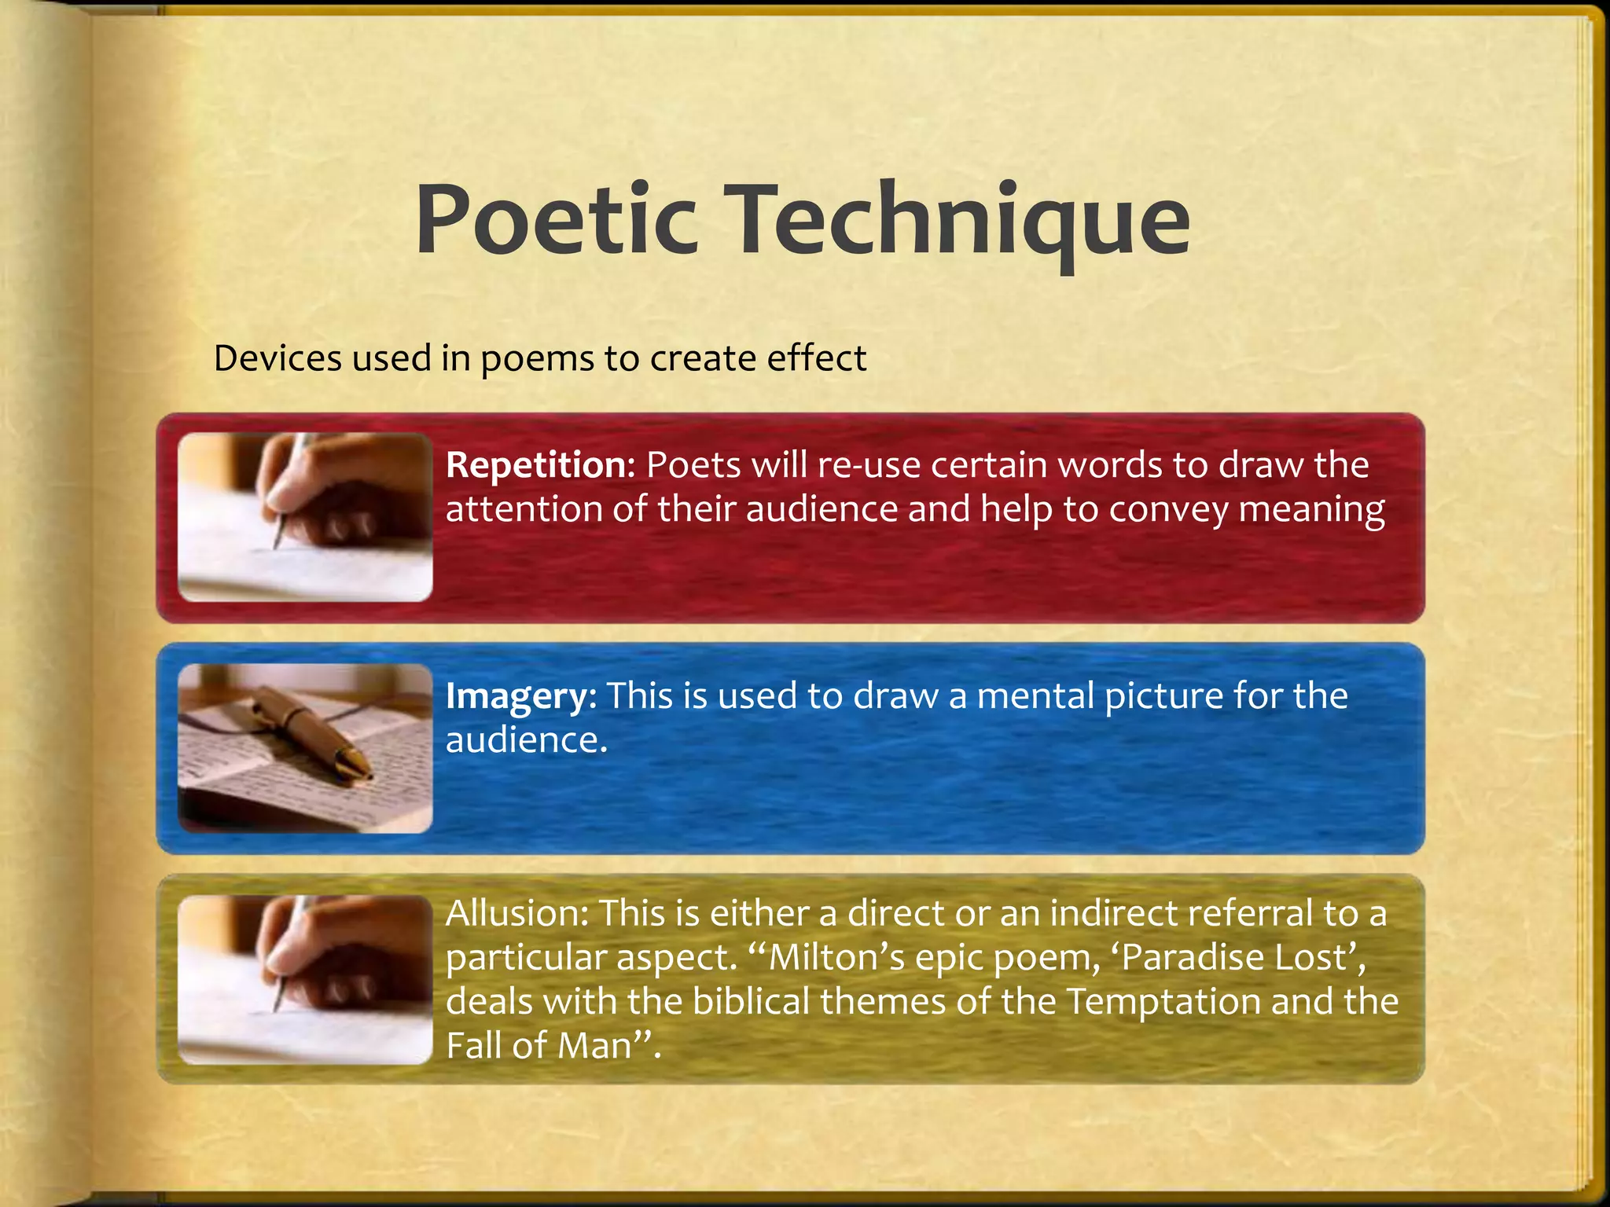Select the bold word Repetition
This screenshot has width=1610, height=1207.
pyautogui.click(x=535, y=465)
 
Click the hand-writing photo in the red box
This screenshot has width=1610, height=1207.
pyautogui.click(x=305, y=517)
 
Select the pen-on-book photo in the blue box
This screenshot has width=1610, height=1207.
pyautogui.click(x=305, y=748)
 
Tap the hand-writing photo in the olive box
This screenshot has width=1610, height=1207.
pyautogui.click(x=305, y=979)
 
